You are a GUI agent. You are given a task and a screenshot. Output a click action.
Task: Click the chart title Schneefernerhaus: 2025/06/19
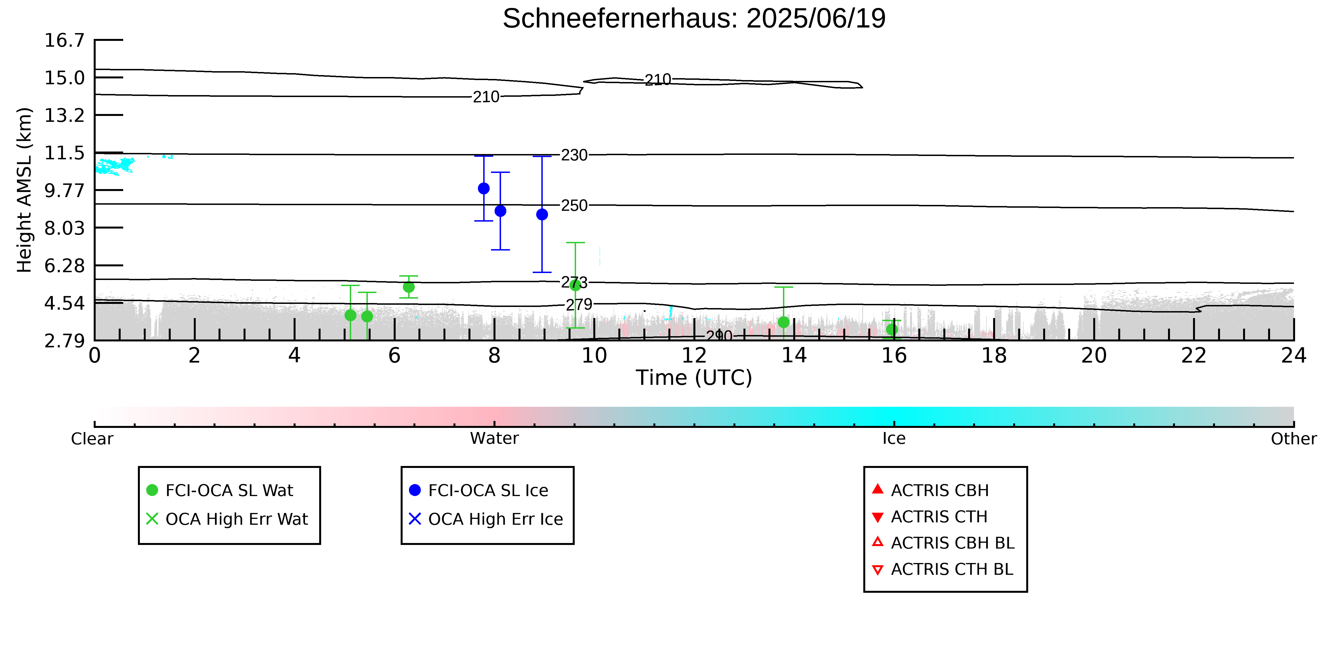694,19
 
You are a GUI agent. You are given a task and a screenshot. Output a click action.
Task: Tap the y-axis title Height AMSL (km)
24,190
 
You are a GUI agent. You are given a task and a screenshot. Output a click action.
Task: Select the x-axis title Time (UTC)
694,378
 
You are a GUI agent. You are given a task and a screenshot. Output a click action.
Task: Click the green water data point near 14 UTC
783,322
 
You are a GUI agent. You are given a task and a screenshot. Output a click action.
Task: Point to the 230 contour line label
574,155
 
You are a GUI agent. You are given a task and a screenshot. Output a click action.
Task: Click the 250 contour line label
574,205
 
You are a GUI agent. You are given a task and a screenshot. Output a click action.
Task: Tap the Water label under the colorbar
495,439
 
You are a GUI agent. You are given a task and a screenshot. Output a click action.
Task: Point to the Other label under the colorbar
1294,439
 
